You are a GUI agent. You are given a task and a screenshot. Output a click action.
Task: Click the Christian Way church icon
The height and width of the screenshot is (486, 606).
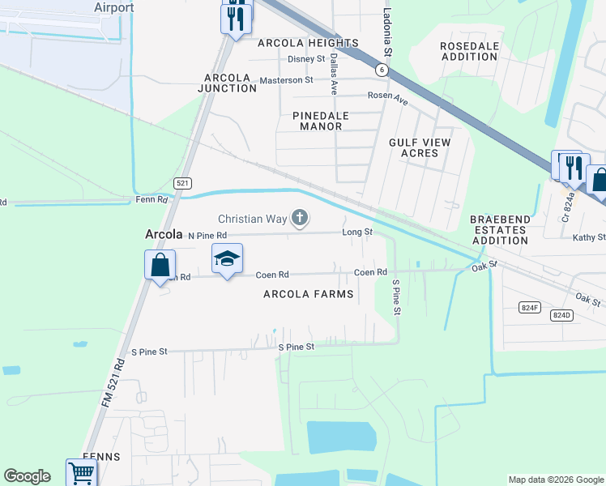click(x=300, y=217)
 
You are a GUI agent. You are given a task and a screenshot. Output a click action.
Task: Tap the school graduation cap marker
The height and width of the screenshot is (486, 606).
click(x=228, y=259)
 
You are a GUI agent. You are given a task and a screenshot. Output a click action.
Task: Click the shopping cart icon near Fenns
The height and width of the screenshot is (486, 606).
click(x=80, y=472)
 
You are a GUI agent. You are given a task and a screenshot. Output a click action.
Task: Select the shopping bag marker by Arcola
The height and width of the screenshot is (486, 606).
click(x=160, y=264)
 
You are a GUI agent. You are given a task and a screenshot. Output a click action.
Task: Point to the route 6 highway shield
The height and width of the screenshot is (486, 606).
click(x=381, y=70)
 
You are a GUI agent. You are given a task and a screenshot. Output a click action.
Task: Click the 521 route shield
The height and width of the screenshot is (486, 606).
click(x=182, y=184)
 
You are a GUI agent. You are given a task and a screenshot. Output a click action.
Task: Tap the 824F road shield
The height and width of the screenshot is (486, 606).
click(x=530, y=307)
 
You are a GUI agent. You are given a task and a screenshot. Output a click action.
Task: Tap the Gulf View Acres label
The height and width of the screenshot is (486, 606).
click(x=420, y=147)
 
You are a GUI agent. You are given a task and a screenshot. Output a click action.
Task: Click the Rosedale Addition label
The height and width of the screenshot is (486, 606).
click(x=469, y=52)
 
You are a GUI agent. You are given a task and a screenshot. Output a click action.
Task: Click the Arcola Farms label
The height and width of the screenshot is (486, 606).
click(x=309, y=294)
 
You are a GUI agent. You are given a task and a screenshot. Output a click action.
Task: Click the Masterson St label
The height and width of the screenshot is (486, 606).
click(x=286, y=80)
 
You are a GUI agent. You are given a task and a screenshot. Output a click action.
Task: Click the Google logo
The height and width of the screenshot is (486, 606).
click(x=28, y=476)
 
